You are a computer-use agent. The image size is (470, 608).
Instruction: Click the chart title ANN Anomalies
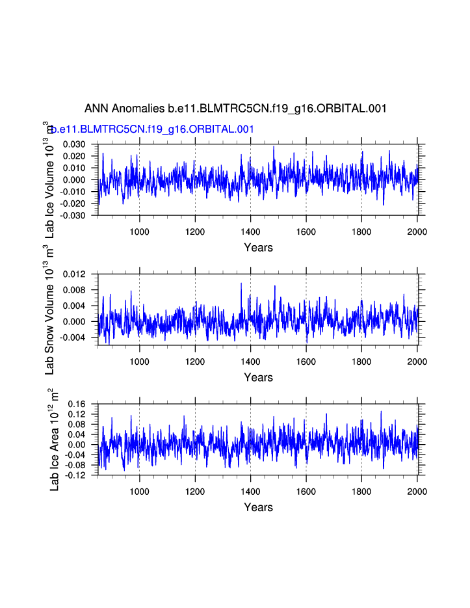[235, 109]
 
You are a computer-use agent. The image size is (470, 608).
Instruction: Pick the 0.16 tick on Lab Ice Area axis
[79, 404]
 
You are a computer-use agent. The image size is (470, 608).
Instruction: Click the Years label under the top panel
[258, 247]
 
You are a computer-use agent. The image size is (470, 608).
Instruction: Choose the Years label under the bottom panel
[258, 507]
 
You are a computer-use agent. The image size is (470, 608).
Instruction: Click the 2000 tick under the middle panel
[417, 361]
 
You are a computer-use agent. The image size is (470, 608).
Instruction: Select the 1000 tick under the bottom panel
[139, 491]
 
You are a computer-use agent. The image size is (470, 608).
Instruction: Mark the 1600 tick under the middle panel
[306, 361]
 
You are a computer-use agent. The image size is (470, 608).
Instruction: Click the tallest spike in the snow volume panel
[241, 283]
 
